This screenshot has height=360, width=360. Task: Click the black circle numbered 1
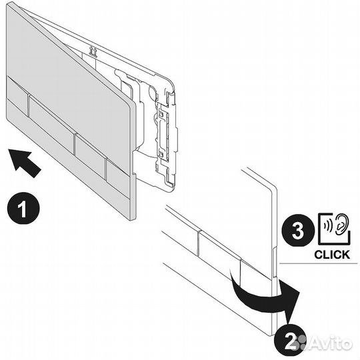pos(23,208)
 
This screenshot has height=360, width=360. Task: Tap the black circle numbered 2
pos(290,341)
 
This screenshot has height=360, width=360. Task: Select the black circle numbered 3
pos(298,231)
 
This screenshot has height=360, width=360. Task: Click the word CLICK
pos(332,255)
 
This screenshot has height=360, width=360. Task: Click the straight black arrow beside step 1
pos(24,162)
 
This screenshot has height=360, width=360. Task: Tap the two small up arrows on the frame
pos(93,51)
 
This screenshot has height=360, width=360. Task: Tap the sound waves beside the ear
pos(327,227)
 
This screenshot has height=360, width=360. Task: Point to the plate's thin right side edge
pos(133,161)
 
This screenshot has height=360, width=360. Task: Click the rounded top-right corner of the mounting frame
pos(171,81)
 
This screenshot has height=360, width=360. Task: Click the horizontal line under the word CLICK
pos(319,263)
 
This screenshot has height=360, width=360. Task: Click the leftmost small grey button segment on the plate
pos(17,97)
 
